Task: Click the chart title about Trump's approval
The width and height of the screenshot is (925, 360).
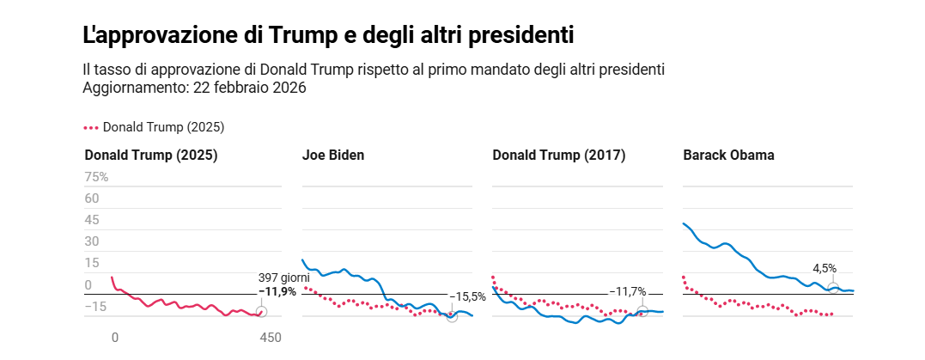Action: point(328,36)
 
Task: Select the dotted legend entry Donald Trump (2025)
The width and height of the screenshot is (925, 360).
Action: point(155,127)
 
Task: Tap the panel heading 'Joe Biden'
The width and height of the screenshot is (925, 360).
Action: point(333,156)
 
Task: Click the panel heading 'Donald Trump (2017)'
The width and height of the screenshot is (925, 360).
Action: point(558,156)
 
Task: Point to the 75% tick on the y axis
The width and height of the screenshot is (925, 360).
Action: point(96,177)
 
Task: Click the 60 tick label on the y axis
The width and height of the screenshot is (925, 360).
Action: point(92,198)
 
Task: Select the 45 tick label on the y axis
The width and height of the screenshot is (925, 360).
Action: point(92,220)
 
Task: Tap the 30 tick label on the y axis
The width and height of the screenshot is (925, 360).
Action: point(92,241)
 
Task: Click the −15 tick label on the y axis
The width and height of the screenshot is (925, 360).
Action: point(95,307)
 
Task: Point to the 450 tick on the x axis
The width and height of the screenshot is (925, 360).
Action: point(270,338)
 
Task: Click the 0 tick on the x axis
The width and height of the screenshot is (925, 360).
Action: point(114,338)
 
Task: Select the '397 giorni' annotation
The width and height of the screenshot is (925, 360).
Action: point(283,278)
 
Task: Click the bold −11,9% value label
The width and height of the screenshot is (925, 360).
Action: point(277,291)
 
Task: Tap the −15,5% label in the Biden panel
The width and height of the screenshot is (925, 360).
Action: point(467,297)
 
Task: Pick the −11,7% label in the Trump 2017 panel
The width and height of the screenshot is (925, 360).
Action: point(627,291)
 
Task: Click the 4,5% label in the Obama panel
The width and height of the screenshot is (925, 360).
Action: point(825,268)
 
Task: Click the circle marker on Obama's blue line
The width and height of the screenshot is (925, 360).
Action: point(832,288)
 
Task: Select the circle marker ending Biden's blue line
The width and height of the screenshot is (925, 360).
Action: point(453,316)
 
